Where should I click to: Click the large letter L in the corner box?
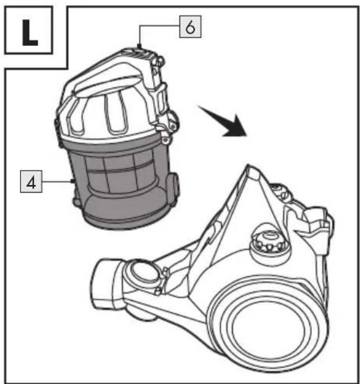[30, 32]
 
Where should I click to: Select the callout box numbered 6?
[190, 27]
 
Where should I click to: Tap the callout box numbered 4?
[31, 182]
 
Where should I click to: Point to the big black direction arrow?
[223, 121]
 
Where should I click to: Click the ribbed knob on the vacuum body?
[270, 241]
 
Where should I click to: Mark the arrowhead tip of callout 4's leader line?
[74, 181]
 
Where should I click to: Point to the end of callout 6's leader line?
[140, 46]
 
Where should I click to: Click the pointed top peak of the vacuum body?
[248, 165]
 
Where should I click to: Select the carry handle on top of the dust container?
[110, 71]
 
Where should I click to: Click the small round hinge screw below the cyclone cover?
[165, 140]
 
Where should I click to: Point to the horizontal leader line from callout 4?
[57, 182]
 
